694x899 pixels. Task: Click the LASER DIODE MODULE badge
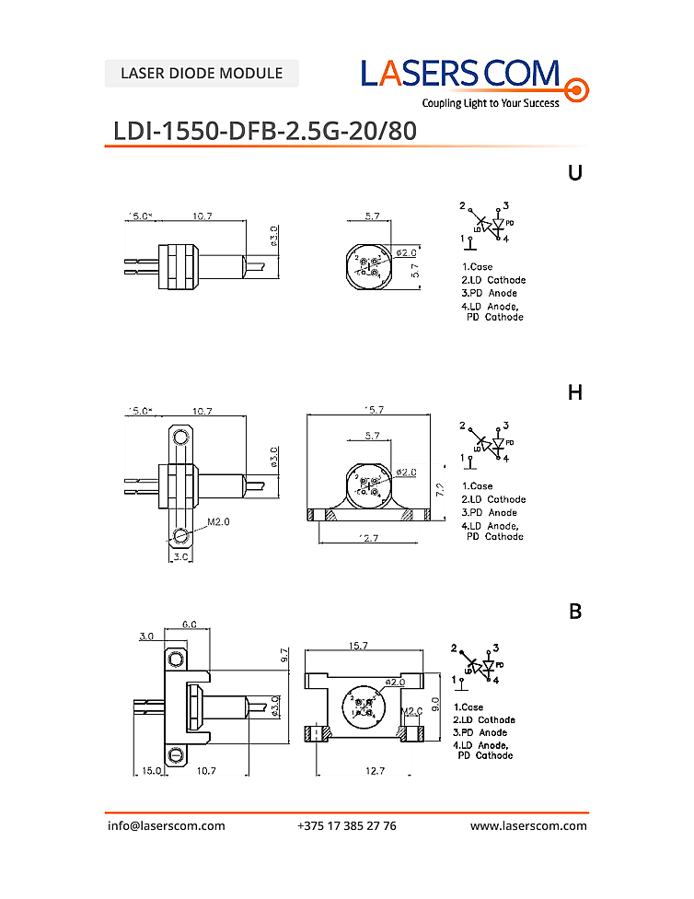202,73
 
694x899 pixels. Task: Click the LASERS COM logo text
460,73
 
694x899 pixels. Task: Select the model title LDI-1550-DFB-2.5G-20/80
265,131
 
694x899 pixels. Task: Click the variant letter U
575,172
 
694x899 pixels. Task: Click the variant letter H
575,392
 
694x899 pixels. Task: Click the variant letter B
575,612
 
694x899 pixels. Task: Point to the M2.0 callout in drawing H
219,521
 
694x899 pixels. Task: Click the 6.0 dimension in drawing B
188,624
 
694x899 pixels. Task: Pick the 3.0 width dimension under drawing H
180,557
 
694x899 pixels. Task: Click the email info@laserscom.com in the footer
167,825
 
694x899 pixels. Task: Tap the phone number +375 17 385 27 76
347,825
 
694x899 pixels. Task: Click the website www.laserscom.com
528,825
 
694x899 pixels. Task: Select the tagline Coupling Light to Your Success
491,103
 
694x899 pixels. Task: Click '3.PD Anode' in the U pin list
490,293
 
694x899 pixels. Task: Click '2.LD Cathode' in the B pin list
484,719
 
